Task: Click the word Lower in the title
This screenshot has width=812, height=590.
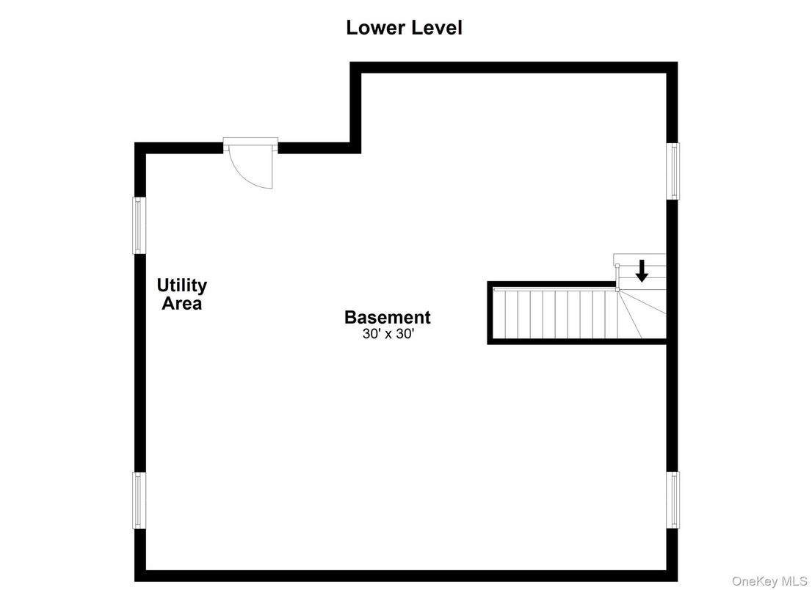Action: (371, 27)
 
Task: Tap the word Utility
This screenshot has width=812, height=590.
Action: (182, 285)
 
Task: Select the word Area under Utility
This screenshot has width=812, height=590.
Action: (182, 304)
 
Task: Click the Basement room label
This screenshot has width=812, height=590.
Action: (388, 317)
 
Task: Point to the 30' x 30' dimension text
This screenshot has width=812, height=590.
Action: (388, 335)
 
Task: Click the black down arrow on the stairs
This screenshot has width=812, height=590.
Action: (642, 271)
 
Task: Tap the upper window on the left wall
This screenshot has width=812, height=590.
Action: (139, 225)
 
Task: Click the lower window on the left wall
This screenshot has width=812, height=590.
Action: (139, 500)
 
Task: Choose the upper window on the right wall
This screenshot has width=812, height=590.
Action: (673, 171)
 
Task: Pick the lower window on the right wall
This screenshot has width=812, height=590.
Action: (673, 500)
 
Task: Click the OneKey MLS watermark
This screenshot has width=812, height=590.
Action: (769, 581)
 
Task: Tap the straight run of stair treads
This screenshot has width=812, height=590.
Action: (555, 314)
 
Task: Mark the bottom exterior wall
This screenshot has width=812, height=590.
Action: (406, 575)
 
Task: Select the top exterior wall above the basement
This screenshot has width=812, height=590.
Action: (514, 68)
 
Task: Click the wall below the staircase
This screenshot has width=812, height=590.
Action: (577, 341)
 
